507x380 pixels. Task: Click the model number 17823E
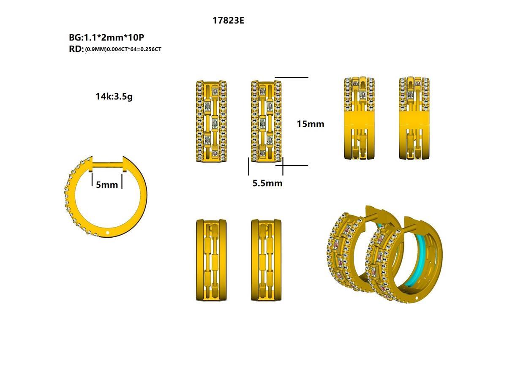tap(228, 20)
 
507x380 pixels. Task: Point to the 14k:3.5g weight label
tap(114, 96)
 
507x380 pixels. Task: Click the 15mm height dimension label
tap(311, 124)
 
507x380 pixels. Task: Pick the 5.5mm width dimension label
tap(267, 183)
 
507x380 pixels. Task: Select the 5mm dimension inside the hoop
tap(107, 185)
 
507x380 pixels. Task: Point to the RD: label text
tap(76, 49)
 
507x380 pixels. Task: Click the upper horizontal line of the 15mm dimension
tap(292, 78)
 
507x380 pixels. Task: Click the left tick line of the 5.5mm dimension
tap(248, 166)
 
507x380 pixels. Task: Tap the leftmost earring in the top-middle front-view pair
tap(212, 121)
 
